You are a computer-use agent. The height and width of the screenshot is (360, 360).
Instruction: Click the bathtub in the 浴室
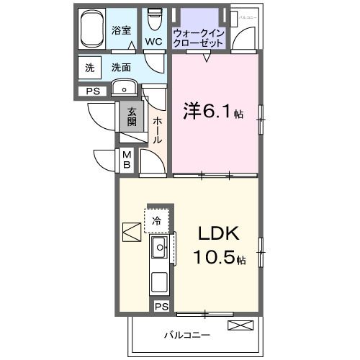point(92,31)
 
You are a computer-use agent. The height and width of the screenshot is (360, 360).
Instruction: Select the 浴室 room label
point(121,30)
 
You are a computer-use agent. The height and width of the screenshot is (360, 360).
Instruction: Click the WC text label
point(153,42)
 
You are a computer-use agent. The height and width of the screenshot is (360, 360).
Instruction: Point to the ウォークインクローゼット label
point(198,37)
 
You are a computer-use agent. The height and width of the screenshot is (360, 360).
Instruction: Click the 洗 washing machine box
point(90,68)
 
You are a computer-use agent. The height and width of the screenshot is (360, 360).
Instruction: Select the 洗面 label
point(121,68)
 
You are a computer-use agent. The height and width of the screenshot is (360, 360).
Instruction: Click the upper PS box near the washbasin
point(93,91)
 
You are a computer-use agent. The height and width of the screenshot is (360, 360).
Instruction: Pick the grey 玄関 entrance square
point(132,116)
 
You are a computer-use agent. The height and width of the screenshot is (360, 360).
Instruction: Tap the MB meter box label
point(126,160)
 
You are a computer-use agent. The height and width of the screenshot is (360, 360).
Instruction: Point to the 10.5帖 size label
point(218,258)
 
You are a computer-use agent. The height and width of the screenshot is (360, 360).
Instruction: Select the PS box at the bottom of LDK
point(163,307)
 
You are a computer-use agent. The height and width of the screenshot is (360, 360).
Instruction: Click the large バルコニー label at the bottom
point(186,336)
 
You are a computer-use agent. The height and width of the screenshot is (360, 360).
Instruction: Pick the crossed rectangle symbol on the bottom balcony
point(240,325)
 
